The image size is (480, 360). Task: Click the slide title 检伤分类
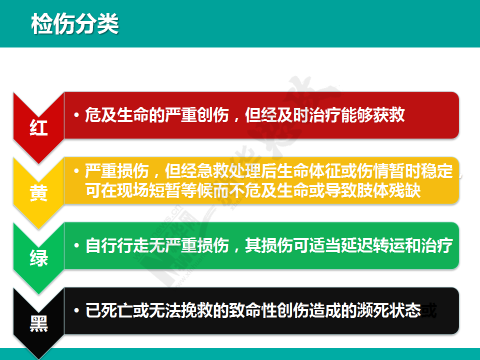(x=75, y=24)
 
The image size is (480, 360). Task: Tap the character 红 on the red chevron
(x=39, y=127)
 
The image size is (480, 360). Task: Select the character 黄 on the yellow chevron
(x=39, y=192)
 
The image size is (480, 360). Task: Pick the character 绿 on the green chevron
(x=39, y=258)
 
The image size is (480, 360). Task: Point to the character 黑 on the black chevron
(x=39, y=323)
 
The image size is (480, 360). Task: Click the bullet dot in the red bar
(x=76, y=115)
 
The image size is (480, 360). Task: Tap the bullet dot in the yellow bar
(x=76, y=171)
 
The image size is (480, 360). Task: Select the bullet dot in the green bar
(x=76, y=245)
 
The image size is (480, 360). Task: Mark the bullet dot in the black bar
(x=76, y=310)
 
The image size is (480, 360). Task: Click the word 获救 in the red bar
(x=389, y=115)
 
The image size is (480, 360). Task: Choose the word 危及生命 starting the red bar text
(x=117, y=115)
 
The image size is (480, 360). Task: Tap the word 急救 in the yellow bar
(x=213, y=171)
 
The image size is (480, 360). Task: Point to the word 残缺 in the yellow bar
(x=404, y=190)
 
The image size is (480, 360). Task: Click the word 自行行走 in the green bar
(x=117, y=245)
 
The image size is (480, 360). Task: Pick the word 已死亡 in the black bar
(x=109, y=310)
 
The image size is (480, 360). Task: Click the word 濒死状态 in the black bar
(x=389, y=310)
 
